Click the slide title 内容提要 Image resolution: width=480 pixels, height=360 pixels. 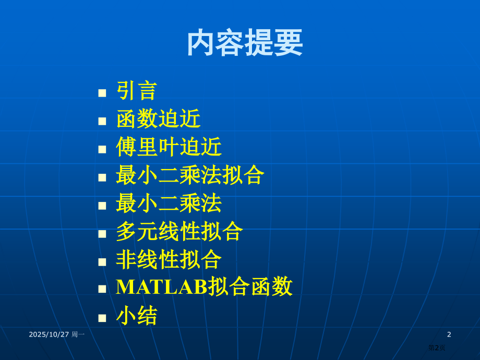(245, 43)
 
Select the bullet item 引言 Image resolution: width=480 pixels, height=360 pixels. (137, 91)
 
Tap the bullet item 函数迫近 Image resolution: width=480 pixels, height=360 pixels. (158, 119)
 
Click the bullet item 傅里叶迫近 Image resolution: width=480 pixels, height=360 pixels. (169, 147)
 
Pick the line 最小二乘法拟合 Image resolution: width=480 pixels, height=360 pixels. (190, 175)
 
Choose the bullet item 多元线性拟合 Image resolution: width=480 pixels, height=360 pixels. (179, 232)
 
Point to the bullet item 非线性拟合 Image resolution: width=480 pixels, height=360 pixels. (169, 260)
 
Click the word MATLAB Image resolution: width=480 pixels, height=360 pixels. (161, 287)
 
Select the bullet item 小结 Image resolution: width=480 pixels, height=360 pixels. (137, 316)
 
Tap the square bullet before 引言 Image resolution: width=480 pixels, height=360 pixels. (102, 93)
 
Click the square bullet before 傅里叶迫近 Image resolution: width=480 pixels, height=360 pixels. (102, 149)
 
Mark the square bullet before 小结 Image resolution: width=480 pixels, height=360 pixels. (102, 318)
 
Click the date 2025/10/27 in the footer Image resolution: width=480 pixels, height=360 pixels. (49, 334)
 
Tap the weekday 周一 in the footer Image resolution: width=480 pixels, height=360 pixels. (78, 334)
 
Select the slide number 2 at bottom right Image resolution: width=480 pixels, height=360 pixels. (449, 334)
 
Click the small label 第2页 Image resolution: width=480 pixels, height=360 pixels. (437, 347)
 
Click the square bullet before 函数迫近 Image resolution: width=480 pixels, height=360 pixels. (102, 121)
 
